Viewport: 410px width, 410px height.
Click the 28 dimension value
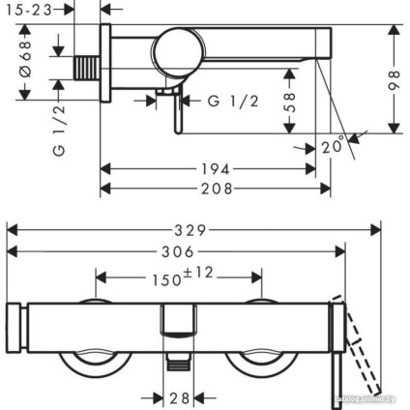tap(179, 397)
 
